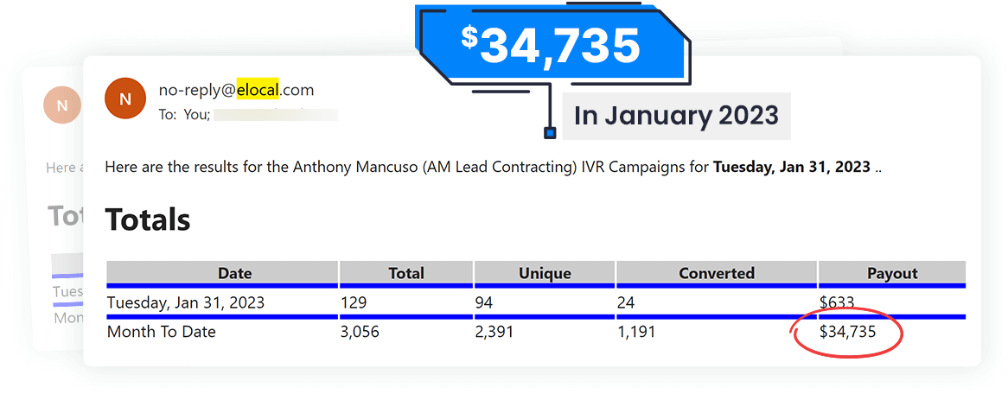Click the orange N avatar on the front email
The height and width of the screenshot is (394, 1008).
click(x=125, y=98)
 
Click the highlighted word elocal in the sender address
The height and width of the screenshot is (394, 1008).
click(x=258, y=89)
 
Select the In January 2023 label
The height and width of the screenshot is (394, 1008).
click(x=676, y=115)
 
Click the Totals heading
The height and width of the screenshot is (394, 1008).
click(x=148, y=219)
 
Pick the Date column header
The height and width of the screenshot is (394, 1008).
click(x=234, y=273)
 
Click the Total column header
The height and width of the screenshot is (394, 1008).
click(x=406, y=273)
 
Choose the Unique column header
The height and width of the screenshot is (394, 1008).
click(x=545, y=273)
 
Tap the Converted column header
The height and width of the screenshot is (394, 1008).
click(x=717, y=273)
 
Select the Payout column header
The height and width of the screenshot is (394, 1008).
click(x=892, y=273)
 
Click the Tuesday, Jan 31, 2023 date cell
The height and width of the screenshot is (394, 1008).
click(x=186, y=302)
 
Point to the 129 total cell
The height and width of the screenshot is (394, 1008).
click(x=354, y=302)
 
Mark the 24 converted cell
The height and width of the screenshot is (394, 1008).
click(x=626, y=302)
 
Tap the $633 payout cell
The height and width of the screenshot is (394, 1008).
click(x=837, y=302)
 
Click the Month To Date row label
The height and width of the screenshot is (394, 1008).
click(x=162, y=332)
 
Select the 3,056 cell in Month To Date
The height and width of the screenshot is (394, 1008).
click(x=360, y=332)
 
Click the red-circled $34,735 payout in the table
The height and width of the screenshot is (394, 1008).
click(x=848, y=332)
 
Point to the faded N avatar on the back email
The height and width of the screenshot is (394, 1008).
click(x=61, y=106)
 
